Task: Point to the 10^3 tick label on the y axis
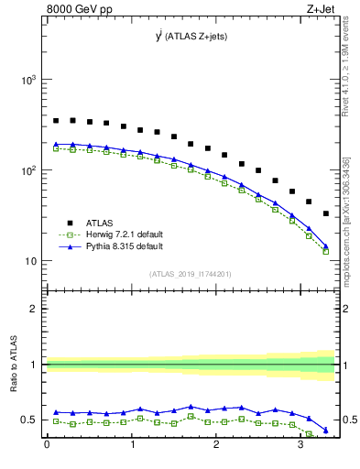tap(27, 81)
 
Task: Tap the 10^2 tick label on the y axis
tap(27, 171)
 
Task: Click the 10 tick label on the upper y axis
tap(29, 261)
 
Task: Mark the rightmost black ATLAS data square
tap(326, 213)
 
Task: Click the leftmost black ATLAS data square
tap(56, 120)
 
